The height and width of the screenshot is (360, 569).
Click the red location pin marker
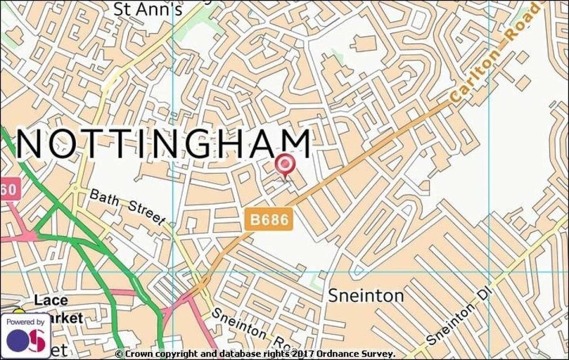point(284,165)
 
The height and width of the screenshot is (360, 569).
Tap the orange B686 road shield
point(270,219)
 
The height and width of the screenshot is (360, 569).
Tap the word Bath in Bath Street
point(103,198)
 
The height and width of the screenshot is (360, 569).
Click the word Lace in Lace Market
point(51,300)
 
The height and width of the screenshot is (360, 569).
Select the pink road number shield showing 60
point(10,188)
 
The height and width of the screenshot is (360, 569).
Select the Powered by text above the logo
point(25,322)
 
